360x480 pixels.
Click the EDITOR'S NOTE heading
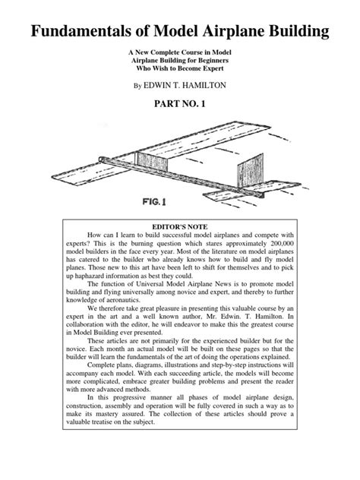180,227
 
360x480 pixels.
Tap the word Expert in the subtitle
219,66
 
